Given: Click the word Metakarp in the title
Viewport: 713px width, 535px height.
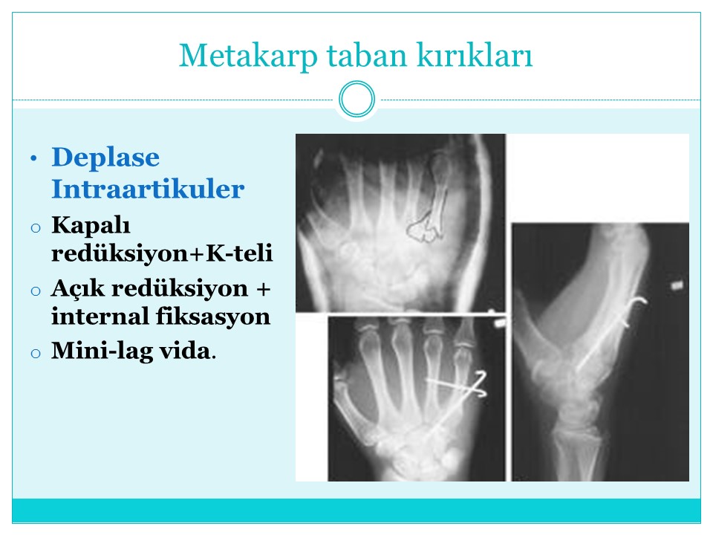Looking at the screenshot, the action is pos(248,56).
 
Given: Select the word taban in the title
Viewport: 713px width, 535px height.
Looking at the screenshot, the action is pos(366,55).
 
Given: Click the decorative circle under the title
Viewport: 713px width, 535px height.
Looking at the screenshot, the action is pos(357,99).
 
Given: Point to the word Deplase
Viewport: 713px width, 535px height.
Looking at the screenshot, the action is pos(105,157).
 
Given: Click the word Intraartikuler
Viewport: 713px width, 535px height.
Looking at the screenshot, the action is pos(148,189).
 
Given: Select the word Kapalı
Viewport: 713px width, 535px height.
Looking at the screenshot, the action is pos(91,226).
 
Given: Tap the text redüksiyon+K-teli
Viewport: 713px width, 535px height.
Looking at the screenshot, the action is pos(162,253).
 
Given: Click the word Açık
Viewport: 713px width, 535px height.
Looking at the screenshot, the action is pos(78,289).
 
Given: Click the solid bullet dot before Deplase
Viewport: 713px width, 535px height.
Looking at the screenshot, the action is pos(33,159).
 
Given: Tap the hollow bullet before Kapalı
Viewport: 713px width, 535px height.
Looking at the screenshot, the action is pos(36,227).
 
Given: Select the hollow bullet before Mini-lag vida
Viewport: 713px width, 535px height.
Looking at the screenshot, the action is pos(36,353).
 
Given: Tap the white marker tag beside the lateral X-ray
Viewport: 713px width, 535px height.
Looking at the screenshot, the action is pos(677,285).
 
